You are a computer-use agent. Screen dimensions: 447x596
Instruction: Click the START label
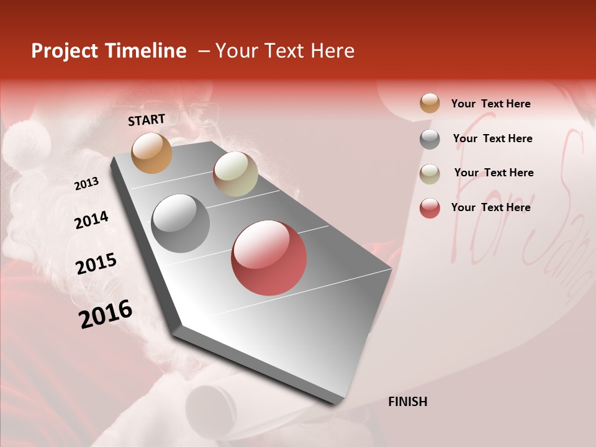point(147,120)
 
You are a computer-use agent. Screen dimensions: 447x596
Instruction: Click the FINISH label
point(407,402)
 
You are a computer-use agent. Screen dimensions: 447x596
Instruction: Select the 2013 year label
point(86,184)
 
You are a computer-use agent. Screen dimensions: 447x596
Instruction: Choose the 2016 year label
point(106,314)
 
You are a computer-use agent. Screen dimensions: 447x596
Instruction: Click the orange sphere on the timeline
point(151,153)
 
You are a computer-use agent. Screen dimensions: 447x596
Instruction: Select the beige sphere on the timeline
point(235,174)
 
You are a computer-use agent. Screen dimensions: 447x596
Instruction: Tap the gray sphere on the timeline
point(180,223)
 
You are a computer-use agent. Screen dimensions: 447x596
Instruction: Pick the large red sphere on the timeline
point(269,258)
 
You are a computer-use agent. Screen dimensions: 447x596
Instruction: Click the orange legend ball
point(430,103)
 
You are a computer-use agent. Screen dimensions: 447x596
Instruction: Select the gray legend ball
point(430,139)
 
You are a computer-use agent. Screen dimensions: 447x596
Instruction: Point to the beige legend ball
point(430,174)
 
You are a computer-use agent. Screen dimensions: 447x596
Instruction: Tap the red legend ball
point(430,208)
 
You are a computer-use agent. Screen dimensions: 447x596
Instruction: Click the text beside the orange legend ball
point(490,104)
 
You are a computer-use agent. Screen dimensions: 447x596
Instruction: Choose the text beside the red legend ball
point(490,207)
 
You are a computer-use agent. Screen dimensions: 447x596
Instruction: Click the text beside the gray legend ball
point(492,138)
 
